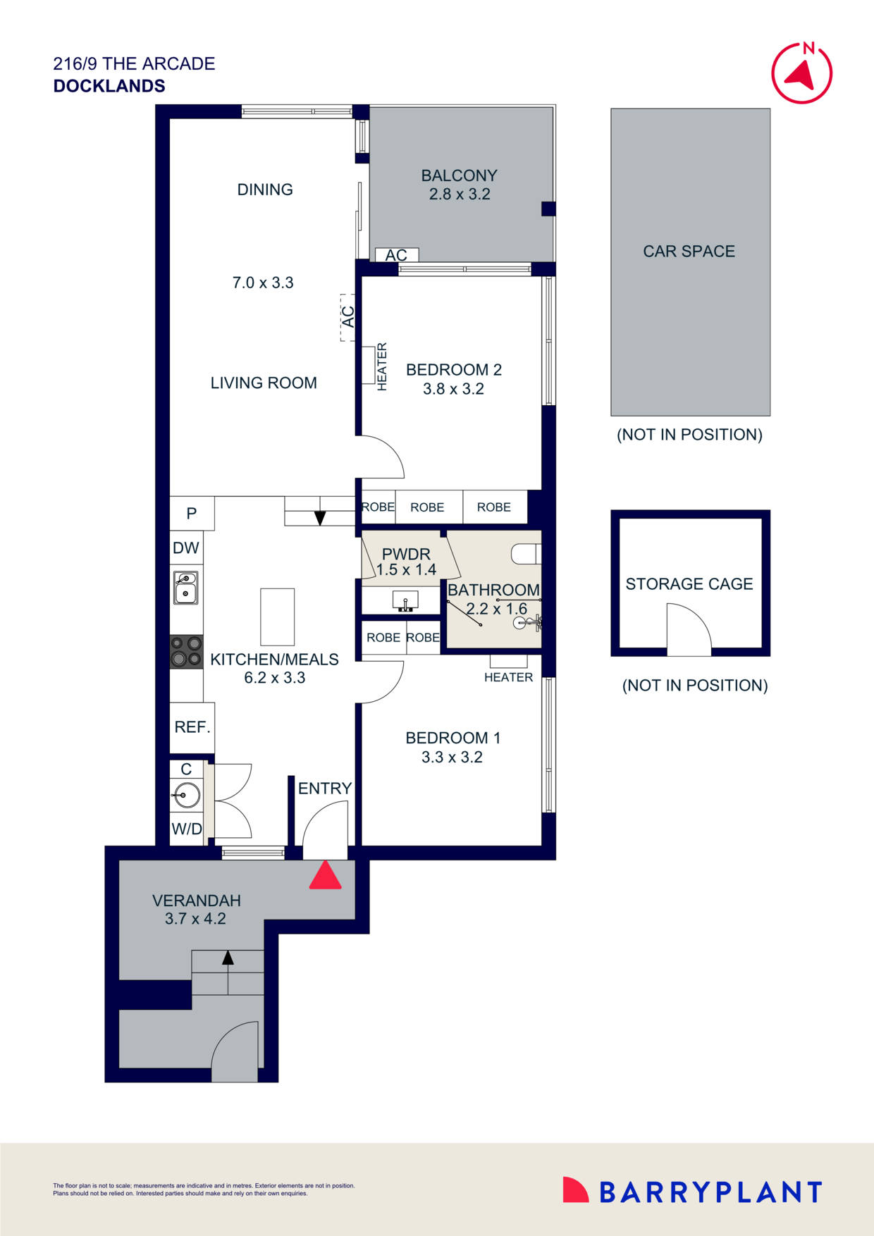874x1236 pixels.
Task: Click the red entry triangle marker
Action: [x=326, y=876]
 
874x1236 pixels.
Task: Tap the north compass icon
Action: [x=801, y=73]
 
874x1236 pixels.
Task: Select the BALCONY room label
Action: [x=459, y=175]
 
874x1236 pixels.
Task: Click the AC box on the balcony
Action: [x=396, y=254]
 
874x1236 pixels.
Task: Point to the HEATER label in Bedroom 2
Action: [x=382, y=366]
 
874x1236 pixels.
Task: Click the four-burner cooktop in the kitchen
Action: [x=186, y=651]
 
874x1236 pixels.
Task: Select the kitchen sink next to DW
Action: [x=186, y=588]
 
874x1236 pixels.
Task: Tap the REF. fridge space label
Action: [x=192, y=727]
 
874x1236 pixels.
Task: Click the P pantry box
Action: [x=192, y=513]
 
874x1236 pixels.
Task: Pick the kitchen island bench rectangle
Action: [x=277, y=617]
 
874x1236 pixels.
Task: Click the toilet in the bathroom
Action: [x=526, y=554]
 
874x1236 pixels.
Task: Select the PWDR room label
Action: [x=405, y=554]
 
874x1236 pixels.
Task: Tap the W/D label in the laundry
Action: [x=187, y=829]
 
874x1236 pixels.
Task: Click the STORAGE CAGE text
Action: [x=689, y=583]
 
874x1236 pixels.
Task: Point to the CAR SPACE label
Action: [x=689, y=251]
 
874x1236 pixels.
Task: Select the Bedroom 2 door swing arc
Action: [x=384, y=458]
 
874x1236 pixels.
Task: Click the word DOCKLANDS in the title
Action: [x=109, y=86]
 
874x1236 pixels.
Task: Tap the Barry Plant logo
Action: [x=692, y=1192]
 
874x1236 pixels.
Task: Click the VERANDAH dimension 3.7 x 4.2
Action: [x=195, y=918]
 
